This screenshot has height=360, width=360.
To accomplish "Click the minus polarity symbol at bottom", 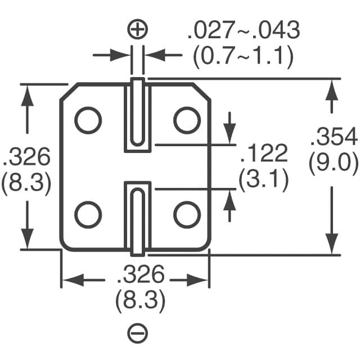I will coord(138,334).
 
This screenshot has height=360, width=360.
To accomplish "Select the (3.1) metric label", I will coord(264,180).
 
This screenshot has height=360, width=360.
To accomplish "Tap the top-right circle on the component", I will coord(187,120).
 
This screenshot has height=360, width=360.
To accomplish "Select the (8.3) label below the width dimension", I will coord(140,303).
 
